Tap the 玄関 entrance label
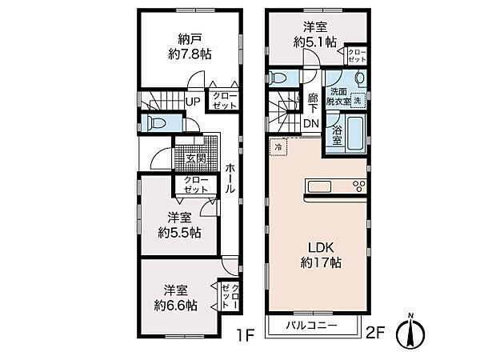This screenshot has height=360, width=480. [x=193, y=158]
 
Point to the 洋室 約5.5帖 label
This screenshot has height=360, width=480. [x=179, y=225]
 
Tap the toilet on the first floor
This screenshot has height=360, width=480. [x=155, y=123]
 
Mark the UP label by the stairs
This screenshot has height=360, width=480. [x=193, y=102]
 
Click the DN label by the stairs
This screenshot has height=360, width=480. [x=312, y=123]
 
